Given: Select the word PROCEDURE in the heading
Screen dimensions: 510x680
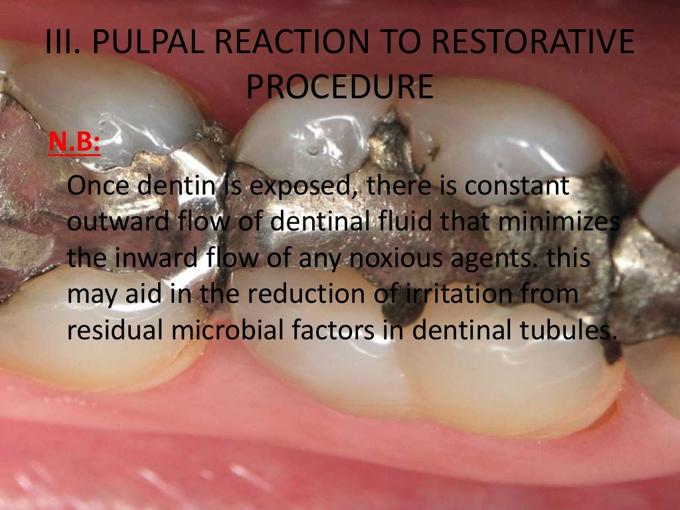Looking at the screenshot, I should [339, 86].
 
